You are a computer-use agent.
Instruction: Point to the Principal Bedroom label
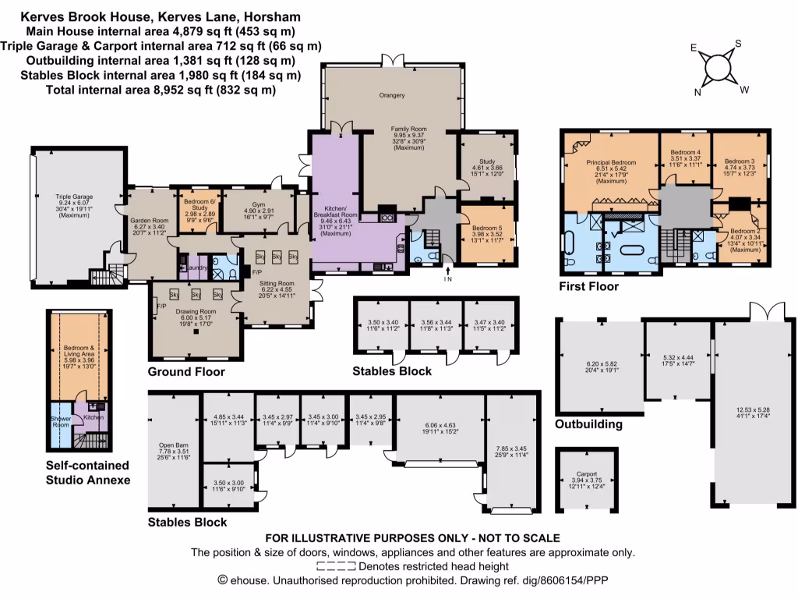(611, 162)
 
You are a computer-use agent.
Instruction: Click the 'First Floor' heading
(588, 287)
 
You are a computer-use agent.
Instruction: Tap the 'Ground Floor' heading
(186, 372)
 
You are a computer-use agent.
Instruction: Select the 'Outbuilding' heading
(588, 425)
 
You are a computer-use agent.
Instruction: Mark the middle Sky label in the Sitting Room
(277, 256)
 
